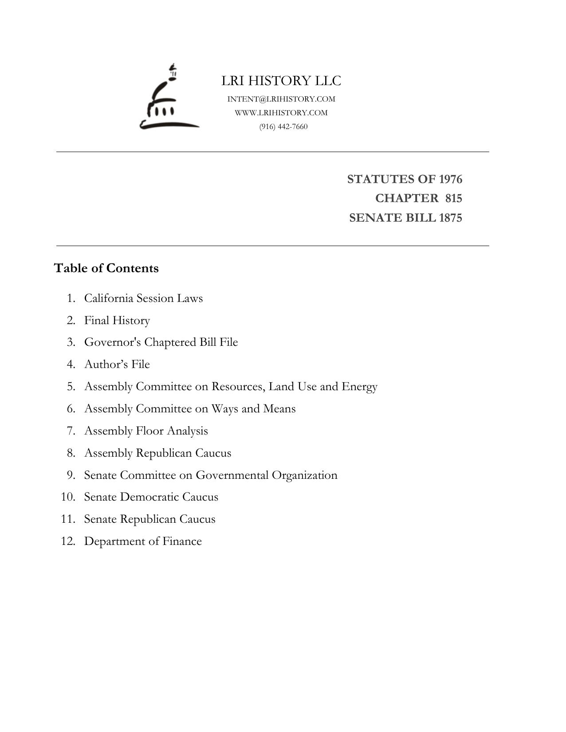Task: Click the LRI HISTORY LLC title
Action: (x=281, y=81)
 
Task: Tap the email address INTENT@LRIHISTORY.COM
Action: (x=281, y=99)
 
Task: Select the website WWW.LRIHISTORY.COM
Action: (x=281, y=113)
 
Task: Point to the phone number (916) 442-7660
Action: (x=283, y=126)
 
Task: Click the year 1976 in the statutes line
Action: (x=450, y=179)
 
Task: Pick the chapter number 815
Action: (x=454, y=198)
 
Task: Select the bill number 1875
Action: (x=450, y=218)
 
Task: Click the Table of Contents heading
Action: (x=106, y=268)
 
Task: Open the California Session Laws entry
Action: (x=143, y=298)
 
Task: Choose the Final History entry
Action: (x=117, y=320)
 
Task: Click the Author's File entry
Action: (x=117, y=364)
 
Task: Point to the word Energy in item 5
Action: (x=359, y=387)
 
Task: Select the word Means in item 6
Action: (x=279, y=408)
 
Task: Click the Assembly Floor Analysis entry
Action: (x=146, y=431)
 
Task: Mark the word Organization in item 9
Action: (x=304, y=475)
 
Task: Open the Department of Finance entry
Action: (x=143, y=541)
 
